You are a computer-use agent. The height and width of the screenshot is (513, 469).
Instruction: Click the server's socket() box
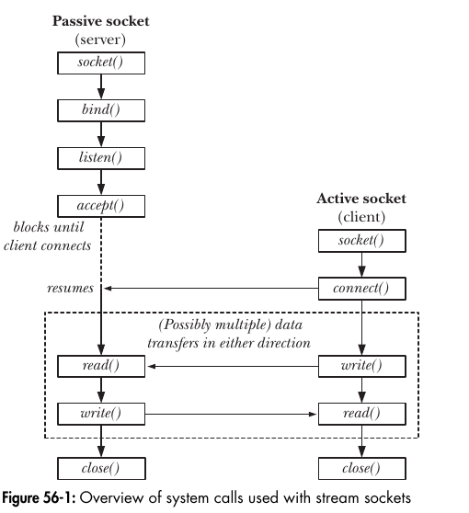pyautogui.click(x=100, y=63)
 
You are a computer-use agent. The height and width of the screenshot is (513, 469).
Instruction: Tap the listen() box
pyautogui.click(x=100, y=157)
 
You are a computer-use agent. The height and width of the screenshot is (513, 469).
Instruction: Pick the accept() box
pyautogui.click(x=100, y=204)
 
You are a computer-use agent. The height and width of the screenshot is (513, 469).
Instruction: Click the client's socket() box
pyautogui.click(x=361, y=243)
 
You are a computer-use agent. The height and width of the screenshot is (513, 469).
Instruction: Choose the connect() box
pyautogui.click(x=361, y=289)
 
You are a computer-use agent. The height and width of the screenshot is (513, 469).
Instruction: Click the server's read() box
pyautogui.click(x=100, y=366)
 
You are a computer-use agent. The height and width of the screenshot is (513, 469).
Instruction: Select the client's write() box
pyautogui.click(x=361, y=366)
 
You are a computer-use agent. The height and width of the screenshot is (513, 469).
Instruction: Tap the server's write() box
pyautogui.click(x=100, y=413)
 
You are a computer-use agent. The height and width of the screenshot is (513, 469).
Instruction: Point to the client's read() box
pyautogui.click(x=361, y=413)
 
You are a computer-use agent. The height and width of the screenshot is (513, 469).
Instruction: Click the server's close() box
pyautogui.click(x=100, y=469)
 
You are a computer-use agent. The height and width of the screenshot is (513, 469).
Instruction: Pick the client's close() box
pyautogui.click(x=361, y=469)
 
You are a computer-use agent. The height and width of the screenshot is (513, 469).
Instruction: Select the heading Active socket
pyautogui.click(x=360, y=199)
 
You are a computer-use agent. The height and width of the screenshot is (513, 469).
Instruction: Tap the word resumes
pyautogui.click(x=70, y=288)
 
